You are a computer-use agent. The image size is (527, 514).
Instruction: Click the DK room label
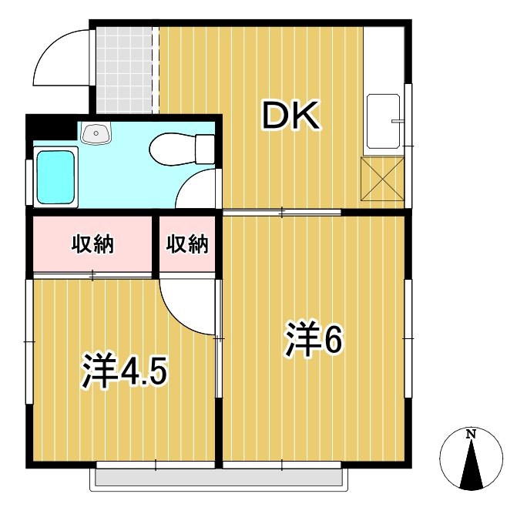coord(290,116)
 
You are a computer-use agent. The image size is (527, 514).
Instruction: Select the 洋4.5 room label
coord(124,371)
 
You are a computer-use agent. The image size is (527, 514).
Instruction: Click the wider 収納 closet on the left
coord(92,244)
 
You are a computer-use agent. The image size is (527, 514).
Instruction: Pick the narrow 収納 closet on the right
coord(188,244)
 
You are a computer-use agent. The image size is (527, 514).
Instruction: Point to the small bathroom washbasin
coord(96,133)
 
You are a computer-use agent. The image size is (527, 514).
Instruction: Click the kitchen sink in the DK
coord(383,122)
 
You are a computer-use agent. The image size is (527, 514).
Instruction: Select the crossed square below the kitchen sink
coord(382,179)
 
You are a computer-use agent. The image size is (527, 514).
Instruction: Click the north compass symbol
coord(471,459)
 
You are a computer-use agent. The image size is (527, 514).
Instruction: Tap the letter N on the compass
coord(471,434)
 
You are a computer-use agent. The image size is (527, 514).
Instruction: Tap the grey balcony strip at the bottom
coord(217,479)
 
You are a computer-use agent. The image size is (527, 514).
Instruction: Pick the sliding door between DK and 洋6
coord(281,211)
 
